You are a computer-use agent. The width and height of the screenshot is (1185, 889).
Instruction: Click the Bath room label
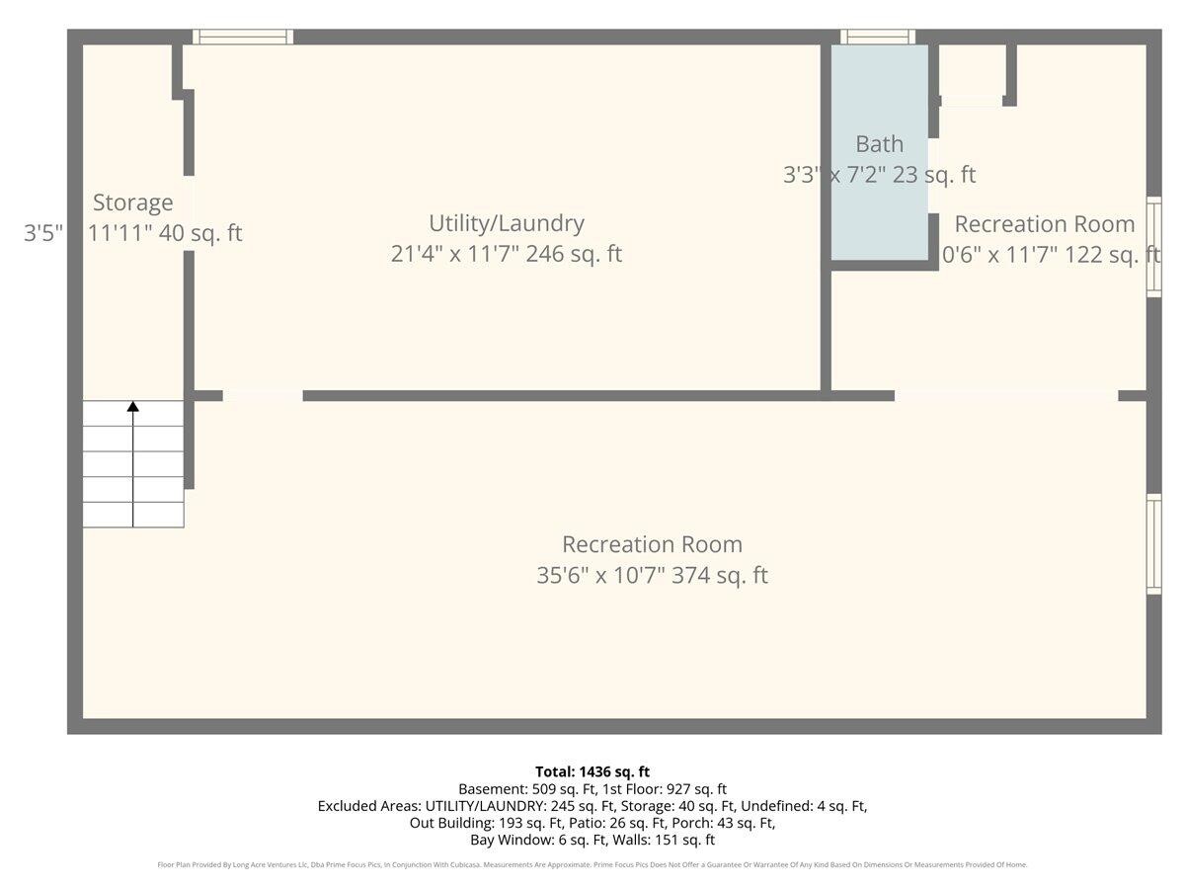(x=879, y=144)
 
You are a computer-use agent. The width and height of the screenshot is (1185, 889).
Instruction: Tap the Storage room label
(x=132, y=202)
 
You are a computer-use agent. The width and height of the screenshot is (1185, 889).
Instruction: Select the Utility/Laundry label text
(x=506, y=223)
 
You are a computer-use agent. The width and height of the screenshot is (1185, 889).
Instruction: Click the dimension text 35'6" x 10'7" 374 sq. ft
(x=652, y=575)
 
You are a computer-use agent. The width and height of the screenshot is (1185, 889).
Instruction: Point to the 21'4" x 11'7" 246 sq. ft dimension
(x=506, y=254)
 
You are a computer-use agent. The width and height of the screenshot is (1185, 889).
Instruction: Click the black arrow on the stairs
(x=132, y=406)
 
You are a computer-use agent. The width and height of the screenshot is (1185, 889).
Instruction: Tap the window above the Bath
(x=877, y=38)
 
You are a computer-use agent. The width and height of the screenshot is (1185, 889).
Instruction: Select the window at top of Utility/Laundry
(x=243, y=38)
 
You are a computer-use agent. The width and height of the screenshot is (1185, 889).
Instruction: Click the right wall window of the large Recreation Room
(x=1152, y=544)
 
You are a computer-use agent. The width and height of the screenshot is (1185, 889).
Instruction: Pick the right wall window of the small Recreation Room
(x=1152, y=247)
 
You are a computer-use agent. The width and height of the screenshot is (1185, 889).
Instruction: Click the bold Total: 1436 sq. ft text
(x=592, y=771)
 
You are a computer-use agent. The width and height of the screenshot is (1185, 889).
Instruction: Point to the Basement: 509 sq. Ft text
(x=523, y=789)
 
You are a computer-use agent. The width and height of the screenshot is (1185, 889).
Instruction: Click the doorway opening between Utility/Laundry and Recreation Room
(x=263, y=396)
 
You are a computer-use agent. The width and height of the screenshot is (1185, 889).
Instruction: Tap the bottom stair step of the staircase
(x=132, y=515)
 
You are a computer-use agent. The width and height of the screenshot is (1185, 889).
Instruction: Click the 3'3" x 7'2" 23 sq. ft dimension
(x=879, y=175)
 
